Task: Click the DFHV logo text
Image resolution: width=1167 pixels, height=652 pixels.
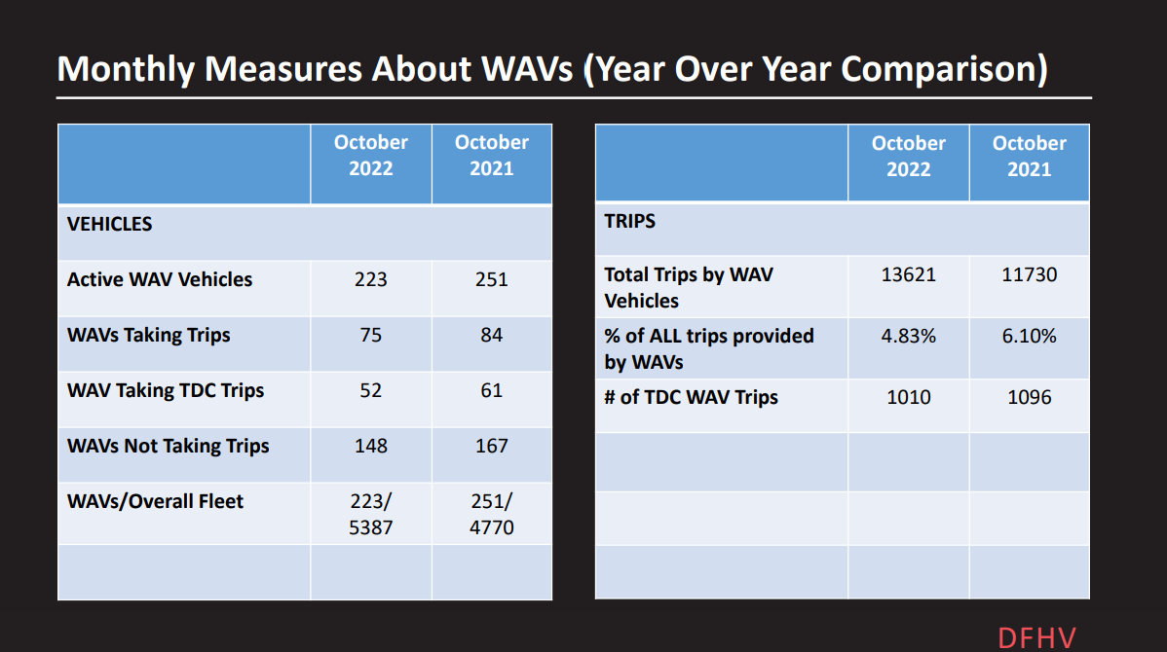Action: [1036, 637]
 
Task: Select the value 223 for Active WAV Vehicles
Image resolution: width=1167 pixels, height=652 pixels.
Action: [370, 279]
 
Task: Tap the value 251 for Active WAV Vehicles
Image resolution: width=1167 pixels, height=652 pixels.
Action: [491, 279]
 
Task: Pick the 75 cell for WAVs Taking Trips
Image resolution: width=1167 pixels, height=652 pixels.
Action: [370, 335]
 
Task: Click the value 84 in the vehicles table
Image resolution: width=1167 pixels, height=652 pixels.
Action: [491, 335]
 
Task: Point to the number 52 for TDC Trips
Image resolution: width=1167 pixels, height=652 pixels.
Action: [370, 390]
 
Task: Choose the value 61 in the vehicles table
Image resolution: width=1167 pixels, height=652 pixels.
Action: [491, 390]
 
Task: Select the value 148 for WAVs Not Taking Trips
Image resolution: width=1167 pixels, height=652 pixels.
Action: [370, 446]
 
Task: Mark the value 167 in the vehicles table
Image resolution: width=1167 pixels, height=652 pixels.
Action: [491, 446]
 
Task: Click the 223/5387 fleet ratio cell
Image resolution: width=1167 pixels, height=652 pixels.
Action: [370, 515]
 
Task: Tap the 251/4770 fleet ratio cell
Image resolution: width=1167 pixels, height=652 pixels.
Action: [491, 515]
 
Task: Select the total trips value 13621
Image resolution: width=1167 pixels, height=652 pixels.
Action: [908, 274]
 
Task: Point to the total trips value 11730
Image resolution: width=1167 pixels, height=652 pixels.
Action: [1029, 274]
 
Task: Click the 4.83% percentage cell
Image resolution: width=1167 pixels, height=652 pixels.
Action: [908, 336]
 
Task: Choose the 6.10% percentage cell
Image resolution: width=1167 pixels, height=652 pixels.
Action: [1029, 336]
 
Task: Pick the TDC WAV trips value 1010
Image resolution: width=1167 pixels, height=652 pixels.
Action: [908, 397]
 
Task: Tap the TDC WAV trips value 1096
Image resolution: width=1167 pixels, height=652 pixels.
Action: [1029, 397]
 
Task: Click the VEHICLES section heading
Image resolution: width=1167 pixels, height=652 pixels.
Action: [110, 224]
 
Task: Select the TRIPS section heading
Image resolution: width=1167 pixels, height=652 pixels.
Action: [630, 221]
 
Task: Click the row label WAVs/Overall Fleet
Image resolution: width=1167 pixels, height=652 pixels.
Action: [156, 501]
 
